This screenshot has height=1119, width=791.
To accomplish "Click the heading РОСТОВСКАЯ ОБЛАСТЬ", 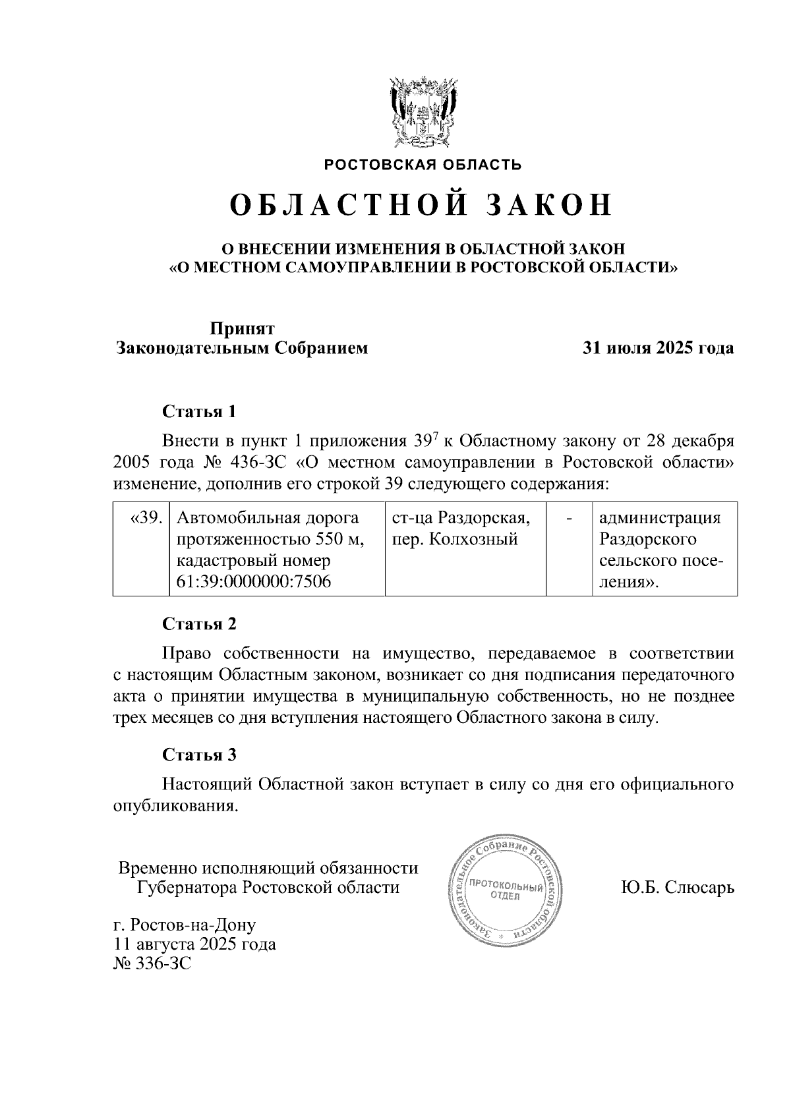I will pos(423,165).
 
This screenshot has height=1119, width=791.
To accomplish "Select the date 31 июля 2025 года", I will pos(658,348).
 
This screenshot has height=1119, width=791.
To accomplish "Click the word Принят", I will pos(242,328).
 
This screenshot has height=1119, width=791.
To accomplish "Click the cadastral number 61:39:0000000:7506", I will pos(254,582).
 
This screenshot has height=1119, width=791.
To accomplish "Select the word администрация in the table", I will pos(660,519).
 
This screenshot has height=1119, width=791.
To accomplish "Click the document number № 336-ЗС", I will pos(152,964).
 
